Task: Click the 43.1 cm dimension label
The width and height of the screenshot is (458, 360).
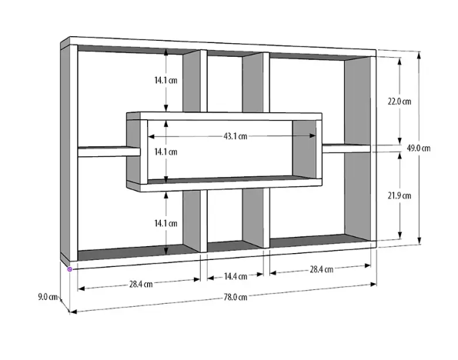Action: [236, 136]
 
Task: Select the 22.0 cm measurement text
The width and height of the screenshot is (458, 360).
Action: [399, 102]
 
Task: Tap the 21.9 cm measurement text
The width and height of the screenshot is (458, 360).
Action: [399, 195]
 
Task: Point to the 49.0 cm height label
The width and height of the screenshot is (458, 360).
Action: [419, 148]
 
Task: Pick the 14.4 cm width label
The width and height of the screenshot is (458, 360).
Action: [236, 276]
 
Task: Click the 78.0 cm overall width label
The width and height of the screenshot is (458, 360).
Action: [236, 297]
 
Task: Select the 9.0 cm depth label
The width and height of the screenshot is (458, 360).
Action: [48, 297]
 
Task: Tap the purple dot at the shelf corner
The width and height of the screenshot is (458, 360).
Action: [69, 269]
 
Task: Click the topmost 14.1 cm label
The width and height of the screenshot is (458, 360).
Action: [166, 80]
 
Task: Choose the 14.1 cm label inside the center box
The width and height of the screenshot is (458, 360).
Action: [166, 152]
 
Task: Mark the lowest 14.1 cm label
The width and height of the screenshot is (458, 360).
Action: [166, 224]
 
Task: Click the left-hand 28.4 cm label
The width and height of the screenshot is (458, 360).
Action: [141, 284]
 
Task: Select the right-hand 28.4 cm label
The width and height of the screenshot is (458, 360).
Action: [321, 269]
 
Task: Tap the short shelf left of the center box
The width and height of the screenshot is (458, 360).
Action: [109, 152]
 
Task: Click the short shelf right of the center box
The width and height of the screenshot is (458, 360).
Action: [346, 148]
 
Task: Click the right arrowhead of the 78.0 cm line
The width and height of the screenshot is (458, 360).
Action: [373, 285]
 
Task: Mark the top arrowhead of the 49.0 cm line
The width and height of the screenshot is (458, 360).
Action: [420, 55]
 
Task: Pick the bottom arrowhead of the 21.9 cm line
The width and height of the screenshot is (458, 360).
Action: [399, 236]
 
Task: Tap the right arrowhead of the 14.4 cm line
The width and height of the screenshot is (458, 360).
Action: [260, 275]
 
